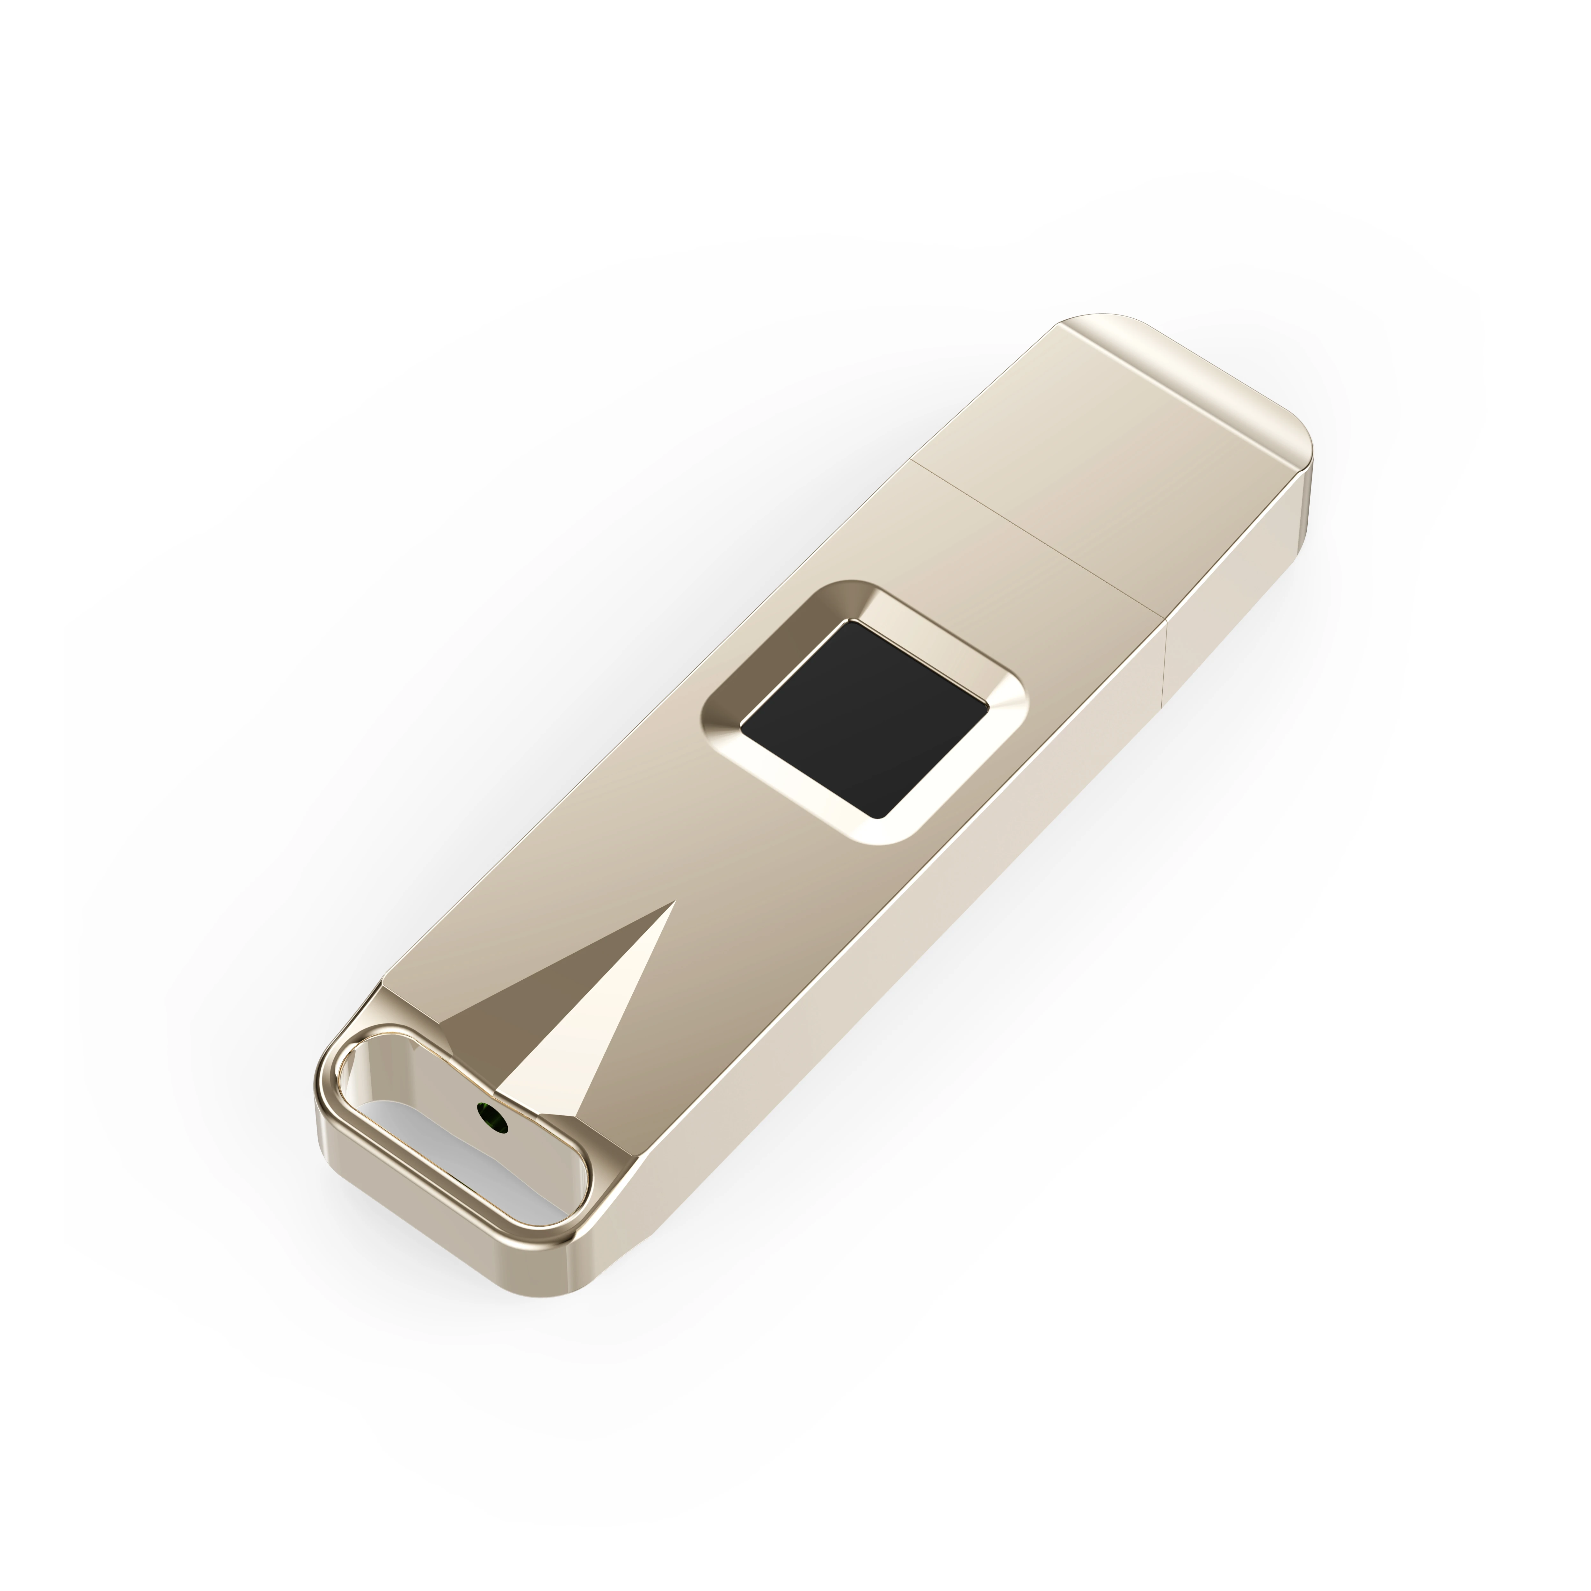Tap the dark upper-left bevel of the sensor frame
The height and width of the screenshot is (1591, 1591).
coord(766,650)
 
